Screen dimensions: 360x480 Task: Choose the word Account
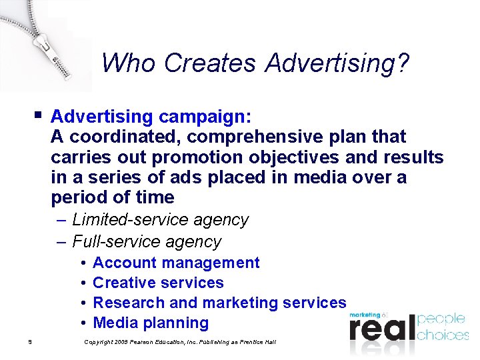point(124,263)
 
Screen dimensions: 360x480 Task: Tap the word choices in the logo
point(443,334)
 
